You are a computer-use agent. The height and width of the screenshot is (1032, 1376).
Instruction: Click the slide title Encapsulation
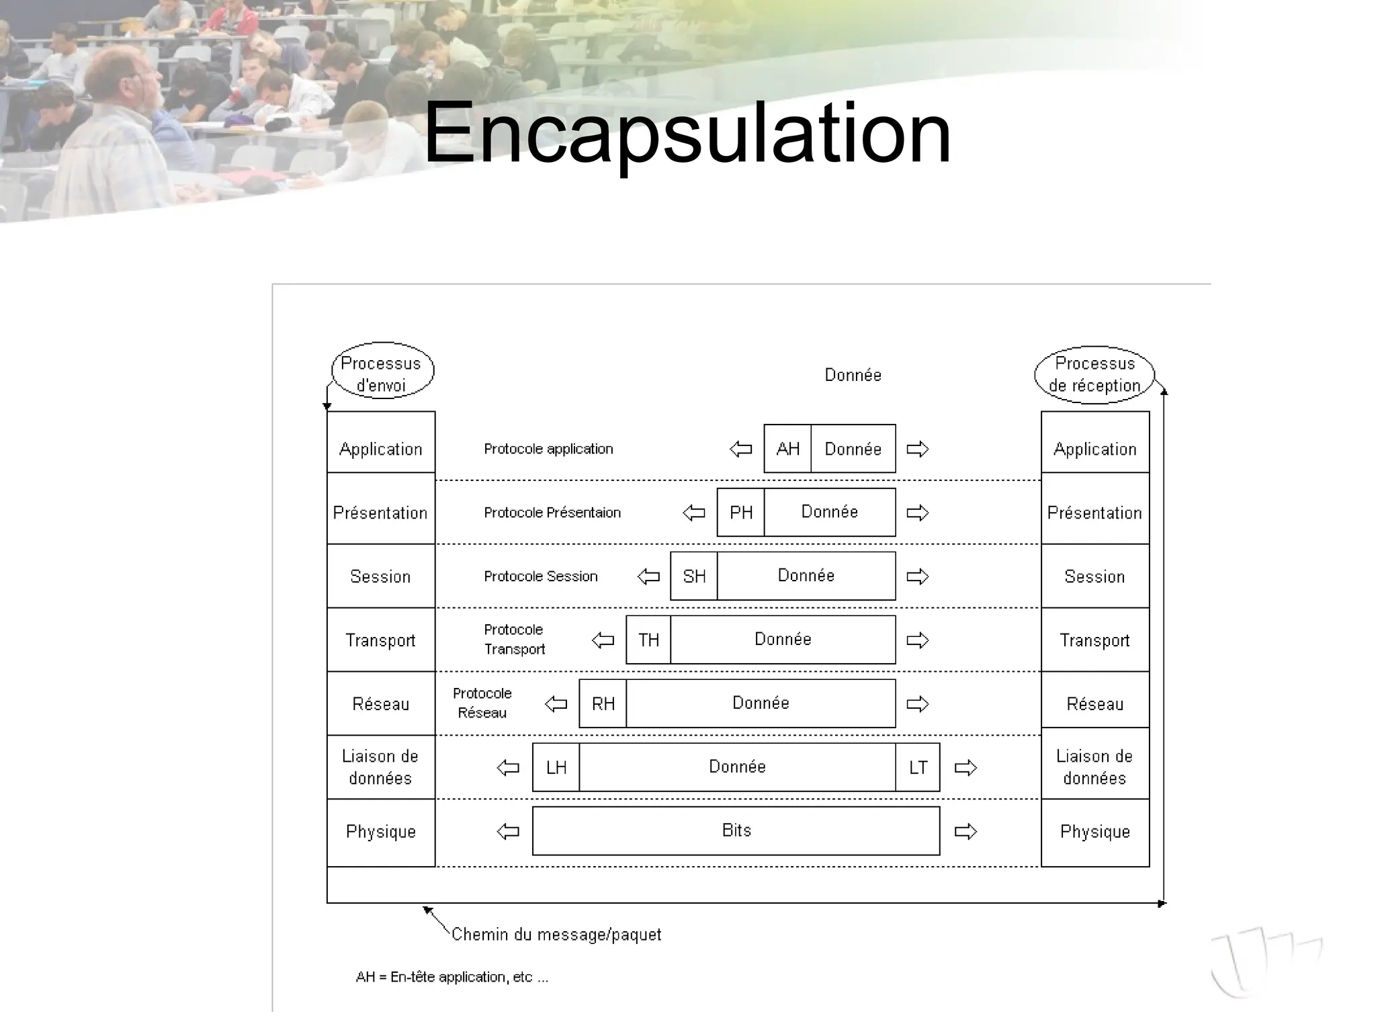pyautogui.click(x=687, y=132)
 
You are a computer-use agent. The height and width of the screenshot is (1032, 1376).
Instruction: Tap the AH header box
pyautogui.click(x=787, y=449)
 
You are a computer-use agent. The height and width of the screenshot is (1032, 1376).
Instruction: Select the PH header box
pyautogui.click(x=740, y=513)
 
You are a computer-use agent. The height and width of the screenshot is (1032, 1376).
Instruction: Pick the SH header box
pyautogui.click(x=693, y=576)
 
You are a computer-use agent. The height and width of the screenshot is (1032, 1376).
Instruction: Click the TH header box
pyautogui.click(x=648, y=640)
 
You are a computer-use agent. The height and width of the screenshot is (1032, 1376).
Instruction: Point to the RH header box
pyautogui.click(x=603, y=704)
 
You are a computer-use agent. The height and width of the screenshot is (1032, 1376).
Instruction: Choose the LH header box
pyautogui.click(x=556, y=768)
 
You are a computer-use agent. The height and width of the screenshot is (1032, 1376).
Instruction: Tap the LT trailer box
pyautogui.click(x=918, y=768)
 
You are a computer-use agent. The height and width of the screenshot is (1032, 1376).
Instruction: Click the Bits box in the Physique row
pyautogui.click(x=736, y=831)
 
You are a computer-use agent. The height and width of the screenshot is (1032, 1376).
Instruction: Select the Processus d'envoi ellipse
pyautogui.click(x=382, y=372)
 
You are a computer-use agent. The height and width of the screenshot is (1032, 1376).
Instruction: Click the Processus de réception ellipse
pyautogui.click(x=1094, y=374)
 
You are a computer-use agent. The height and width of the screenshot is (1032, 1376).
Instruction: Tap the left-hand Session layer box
pyautogui.click(x=381, y=576)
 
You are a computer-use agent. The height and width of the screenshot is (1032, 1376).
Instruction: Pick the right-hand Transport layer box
pyautogui.click(x=1095, y=640)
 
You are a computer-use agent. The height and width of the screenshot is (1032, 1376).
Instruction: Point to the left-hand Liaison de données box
pyautogui.click(x=381, y=767)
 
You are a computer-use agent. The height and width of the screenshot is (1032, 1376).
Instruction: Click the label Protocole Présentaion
pyautogui.click(x=552, y=513)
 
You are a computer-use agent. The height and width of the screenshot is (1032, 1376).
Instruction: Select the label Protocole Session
pyautogui.click(x=541, y=576)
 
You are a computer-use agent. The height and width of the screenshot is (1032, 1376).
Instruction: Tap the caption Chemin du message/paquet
pyautogui.click(x=556, y=935)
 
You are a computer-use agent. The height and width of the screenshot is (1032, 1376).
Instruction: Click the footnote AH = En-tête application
pyautogui.click(x=451, y=978)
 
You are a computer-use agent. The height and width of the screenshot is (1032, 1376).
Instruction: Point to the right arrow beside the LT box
pyautogui.click(x=965, y=768)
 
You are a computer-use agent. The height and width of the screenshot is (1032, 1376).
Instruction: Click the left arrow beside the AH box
pyautogui.click(x=741, y=449)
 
